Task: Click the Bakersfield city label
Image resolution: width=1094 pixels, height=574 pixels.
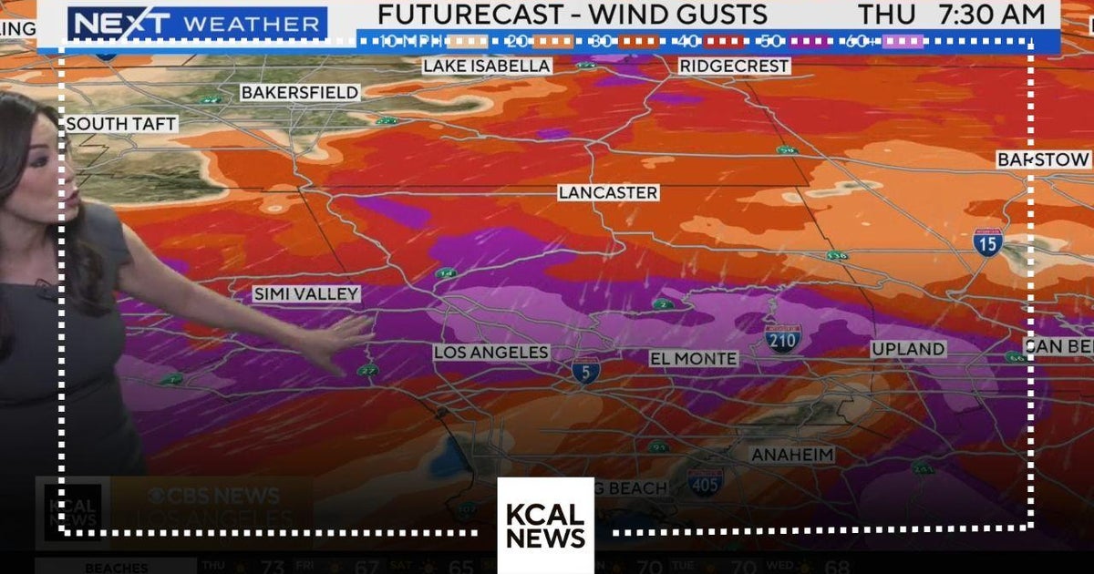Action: tap(300, 93)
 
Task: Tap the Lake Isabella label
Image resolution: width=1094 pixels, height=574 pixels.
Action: tap(487, 67)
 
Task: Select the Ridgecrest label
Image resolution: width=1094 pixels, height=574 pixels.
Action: tap(734, 67)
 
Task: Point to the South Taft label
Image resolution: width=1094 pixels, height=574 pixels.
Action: tap(121, 124)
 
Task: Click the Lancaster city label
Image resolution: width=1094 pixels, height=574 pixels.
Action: tap(608, 193)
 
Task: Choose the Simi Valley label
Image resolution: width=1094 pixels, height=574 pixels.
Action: tap(306, 294)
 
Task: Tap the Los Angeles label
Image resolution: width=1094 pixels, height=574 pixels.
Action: tap(491, 353)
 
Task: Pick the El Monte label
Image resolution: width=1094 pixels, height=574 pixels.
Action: tap(694, 359)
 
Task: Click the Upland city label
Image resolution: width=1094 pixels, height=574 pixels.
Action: tap(908, 349)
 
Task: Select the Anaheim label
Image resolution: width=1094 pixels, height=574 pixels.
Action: tap(792, 455)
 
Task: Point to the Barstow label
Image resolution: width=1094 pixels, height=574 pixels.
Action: tap(1044, 160)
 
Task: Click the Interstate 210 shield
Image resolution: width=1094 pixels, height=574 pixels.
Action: tap(783, 338)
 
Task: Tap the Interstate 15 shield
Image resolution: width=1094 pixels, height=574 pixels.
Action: tap(987, 241)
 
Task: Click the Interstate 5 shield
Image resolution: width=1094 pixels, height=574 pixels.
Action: tap(586, 372)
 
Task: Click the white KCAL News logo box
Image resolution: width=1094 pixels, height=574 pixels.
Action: tap(545, 526)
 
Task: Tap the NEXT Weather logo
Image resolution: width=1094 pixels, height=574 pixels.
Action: tap(198, 24)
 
